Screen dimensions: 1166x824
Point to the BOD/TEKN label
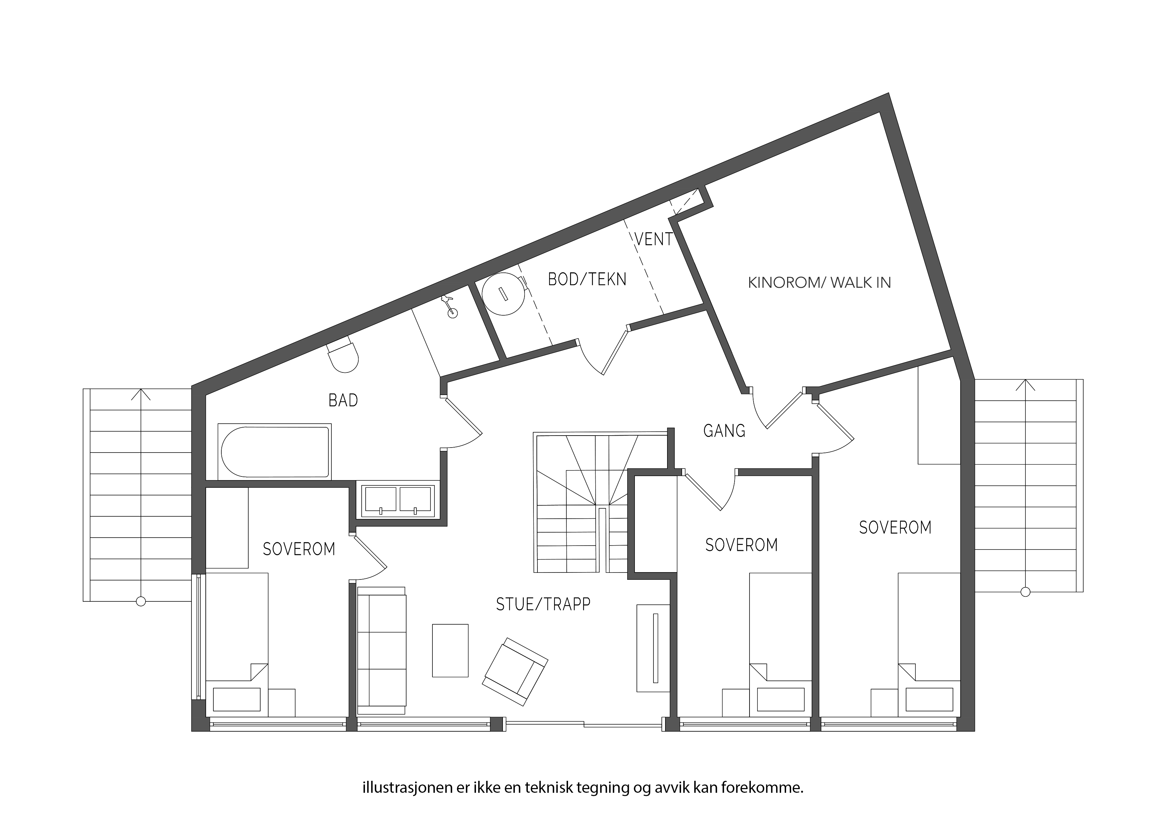587,279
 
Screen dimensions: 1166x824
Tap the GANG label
724,431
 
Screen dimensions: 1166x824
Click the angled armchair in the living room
515,672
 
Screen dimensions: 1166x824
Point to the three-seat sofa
382,649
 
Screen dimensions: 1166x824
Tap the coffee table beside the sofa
450,650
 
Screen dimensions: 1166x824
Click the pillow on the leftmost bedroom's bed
237,699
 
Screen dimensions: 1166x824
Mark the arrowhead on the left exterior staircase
141,394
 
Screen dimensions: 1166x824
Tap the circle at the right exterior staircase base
1025,591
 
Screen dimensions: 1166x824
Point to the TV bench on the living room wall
653,648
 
